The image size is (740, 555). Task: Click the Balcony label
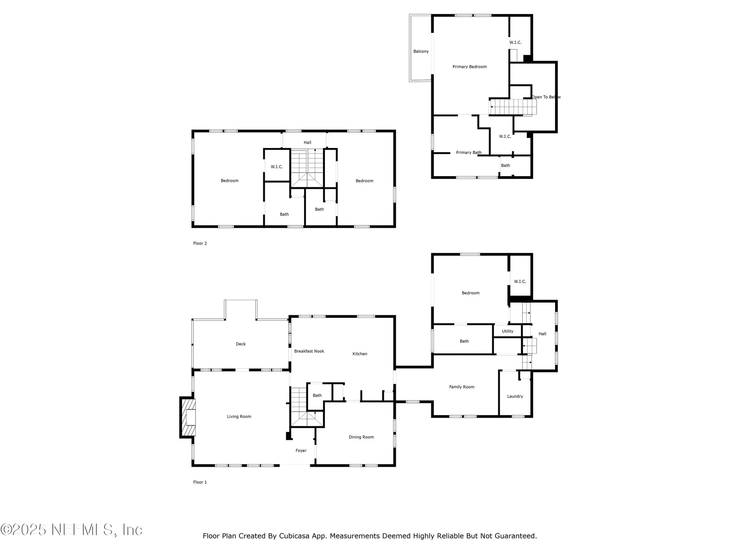421,51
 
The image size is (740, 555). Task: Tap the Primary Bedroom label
469,67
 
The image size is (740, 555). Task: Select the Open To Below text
546,97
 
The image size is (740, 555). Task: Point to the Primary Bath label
469,153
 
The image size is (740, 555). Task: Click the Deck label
240,344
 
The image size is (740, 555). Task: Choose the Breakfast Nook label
309,351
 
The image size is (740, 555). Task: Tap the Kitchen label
360,354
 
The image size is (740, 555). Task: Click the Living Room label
239,417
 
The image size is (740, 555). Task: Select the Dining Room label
361,437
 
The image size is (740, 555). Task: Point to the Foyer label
301,451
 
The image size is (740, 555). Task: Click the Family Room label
462,387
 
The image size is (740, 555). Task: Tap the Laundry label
515,396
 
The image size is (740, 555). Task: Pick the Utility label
508,331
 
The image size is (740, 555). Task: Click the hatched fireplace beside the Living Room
188,417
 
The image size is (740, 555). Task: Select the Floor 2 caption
200,243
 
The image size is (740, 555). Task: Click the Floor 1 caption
200,482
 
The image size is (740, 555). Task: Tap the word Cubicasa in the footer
294,536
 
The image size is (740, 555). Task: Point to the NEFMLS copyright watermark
71,530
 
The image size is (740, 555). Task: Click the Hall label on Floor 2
307,143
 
